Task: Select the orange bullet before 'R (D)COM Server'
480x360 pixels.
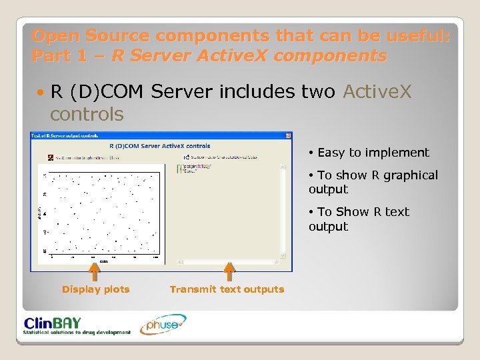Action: tap(41, 92)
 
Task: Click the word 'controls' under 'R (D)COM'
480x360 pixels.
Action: tap(87, 114)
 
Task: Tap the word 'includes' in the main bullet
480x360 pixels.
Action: tap(255, 91)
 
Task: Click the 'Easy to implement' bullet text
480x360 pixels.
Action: tap(373, 153)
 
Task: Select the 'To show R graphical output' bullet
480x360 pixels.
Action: tap(373, 182)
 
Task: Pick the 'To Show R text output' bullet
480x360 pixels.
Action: tap(359, 219)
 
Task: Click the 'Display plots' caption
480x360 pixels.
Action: tap(95, 289)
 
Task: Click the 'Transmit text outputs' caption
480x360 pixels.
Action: tap(227, 289)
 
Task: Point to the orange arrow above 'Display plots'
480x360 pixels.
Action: tap(95, 271)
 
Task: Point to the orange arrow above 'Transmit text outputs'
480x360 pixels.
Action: tap(229, 271)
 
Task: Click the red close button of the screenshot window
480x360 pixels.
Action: tap(287, 135)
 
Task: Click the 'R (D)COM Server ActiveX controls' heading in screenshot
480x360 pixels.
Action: tap(159, 146)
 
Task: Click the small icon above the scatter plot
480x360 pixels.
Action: tap(49, 158)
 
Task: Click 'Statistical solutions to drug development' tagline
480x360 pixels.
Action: tap(77, 332)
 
